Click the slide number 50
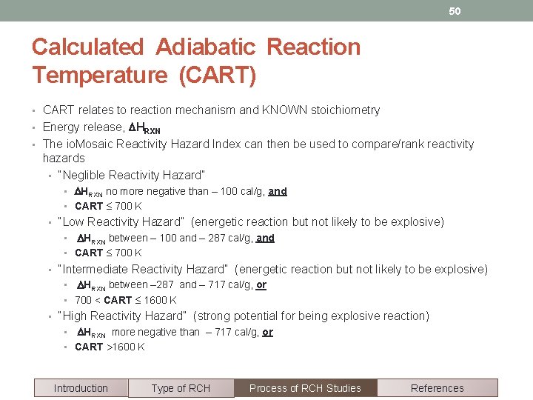click(x=454, y=11)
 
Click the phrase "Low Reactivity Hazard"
click(x=121, y=222)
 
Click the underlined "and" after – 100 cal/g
click(x=278, y=191)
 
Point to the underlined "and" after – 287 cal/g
click(x=265, y=238)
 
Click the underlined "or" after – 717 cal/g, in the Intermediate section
click(x=261, y=285)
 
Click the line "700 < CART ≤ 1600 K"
click(x=125, y=300)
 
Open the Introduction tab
click(x=81, y=388)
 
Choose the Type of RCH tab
click(x=181, y=388)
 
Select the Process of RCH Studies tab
click(x=305, y=388)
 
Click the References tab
click(x=437, y=388)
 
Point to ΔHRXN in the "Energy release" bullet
click(x=145, y=127)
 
